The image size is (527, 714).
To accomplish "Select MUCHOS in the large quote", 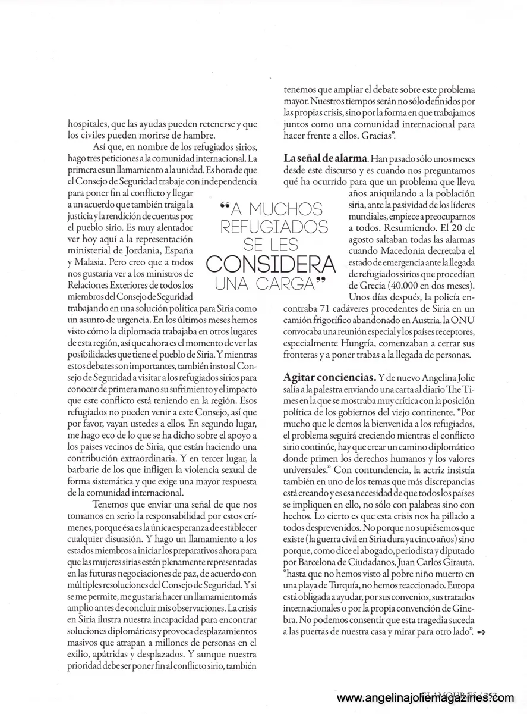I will point(285,209).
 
